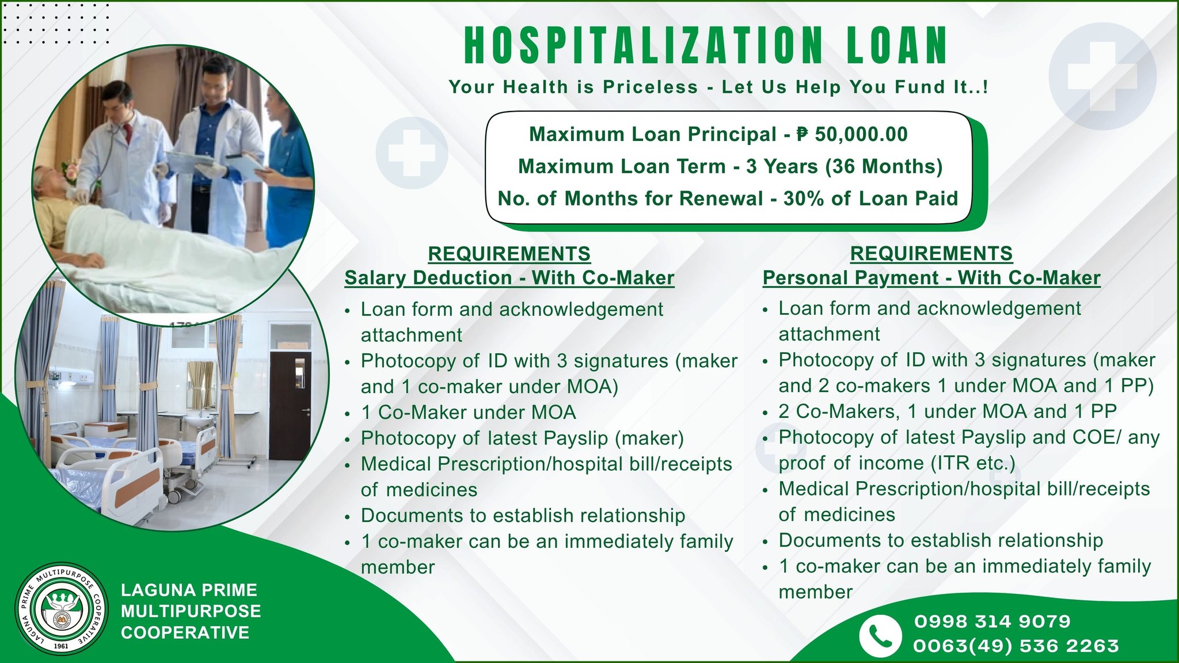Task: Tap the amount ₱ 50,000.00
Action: tap(852, 134)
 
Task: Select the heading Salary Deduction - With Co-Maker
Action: tap(509, 278)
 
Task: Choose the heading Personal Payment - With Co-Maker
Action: tap(931, 278)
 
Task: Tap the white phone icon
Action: tap(880, 635)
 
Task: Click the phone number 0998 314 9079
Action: tap(992, 622)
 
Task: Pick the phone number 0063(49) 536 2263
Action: tap(1016, 646)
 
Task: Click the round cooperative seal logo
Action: tap(61, 609)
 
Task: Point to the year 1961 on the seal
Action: tap(60, 646)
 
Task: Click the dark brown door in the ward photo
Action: tap(290, 405)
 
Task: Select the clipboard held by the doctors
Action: tap(190, 162)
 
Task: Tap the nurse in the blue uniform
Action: tap(288, 167)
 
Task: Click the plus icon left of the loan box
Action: tap(412, 153)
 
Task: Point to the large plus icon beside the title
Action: tap(1102, 76)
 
